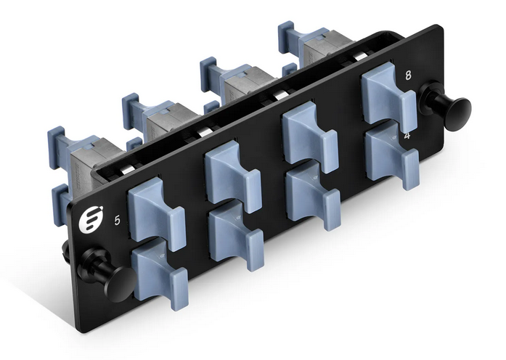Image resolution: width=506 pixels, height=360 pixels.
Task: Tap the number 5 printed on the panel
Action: (117, 220)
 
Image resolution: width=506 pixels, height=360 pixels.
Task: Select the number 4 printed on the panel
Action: (407, 135)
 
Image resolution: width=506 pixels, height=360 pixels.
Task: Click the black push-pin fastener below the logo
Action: (105, 271)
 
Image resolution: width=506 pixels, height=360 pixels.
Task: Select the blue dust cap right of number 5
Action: (155, 211)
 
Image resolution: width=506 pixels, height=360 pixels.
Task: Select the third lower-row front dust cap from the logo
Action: (312, 195)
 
